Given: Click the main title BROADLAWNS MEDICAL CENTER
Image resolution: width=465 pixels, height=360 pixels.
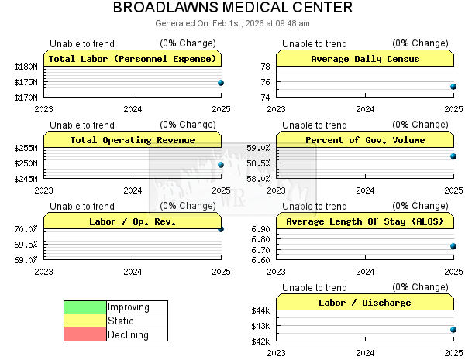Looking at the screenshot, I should click(x=232, y=9).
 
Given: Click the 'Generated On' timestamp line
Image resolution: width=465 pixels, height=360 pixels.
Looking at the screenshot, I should click(x=232, y=23).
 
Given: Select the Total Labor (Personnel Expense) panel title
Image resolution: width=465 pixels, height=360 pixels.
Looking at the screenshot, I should click(x=133, y=59).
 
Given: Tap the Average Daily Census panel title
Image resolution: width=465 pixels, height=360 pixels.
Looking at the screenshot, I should click(x=364, y=59).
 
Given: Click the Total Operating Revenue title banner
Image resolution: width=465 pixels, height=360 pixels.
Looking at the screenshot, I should click(x=133, y=140).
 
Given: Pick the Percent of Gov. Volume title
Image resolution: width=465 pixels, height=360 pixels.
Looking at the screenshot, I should click(x=364, y=140).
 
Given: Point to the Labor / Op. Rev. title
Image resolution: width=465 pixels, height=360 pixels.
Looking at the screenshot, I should click(x=133, y=221).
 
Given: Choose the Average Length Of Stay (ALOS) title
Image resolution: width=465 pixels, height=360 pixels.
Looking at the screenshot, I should click(x=364, y=221).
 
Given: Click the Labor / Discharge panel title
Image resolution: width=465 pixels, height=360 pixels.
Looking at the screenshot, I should click(x=364, y=303).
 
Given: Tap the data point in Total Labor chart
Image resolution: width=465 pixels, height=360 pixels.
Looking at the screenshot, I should click(x=221, y=83).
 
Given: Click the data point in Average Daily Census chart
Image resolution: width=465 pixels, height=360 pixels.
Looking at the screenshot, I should click(x=453, y=87).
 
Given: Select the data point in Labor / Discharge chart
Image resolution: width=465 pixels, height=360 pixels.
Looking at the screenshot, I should click(x=453, y=330).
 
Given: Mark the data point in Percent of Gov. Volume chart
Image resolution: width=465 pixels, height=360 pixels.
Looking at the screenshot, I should click(x=453, y=156).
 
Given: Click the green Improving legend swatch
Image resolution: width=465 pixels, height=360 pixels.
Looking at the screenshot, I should click(x=84, y=307).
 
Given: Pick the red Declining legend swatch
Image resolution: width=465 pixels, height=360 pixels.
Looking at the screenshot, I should click(x=84, y=334).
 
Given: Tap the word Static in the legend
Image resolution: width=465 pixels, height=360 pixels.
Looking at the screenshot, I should click(x=121, y=321).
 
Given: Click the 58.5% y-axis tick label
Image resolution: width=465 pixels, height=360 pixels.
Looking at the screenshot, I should click(x=258, y=163).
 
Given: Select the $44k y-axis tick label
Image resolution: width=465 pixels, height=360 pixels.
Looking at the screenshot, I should click(x=260, y=310).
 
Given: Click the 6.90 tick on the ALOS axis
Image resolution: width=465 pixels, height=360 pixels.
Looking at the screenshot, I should click(x=260, y=229).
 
